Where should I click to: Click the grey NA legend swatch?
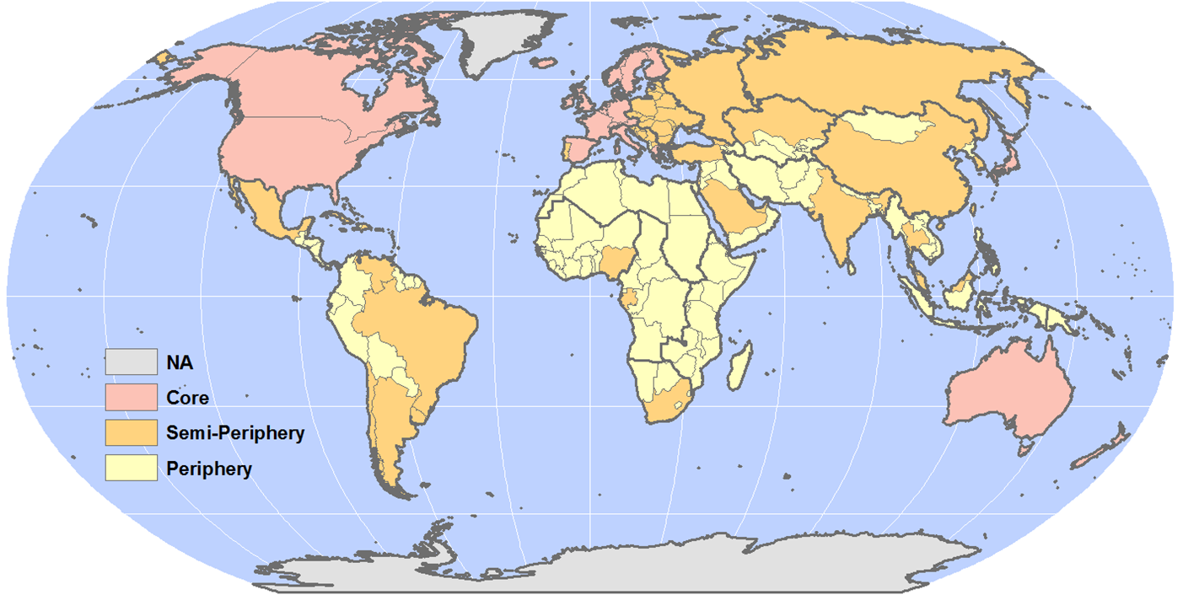132,362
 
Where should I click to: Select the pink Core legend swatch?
132,397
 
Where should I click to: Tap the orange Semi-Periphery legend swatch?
132,432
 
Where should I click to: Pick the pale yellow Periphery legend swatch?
132,468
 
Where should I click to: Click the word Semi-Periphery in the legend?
235,433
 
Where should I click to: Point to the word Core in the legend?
187,398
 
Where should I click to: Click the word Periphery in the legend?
209,469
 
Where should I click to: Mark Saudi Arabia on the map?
732,206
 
